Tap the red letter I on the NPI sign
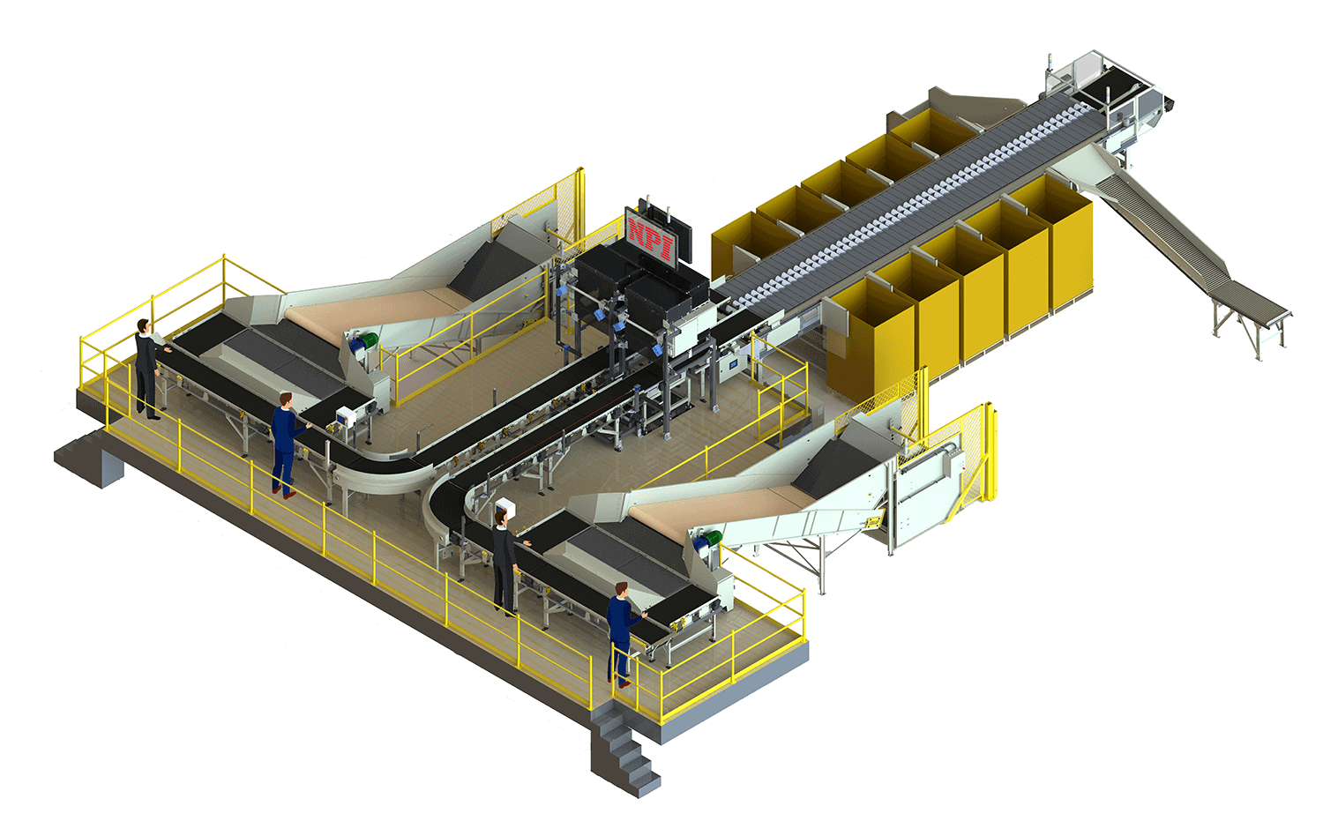(667, 249)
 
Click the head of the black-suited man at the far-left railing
(143, 326)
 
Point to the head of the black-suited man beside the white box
(501, 519)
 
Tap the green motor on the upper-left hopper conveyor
(370, 340)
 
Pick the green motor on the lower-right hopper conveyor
(713, 538)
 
